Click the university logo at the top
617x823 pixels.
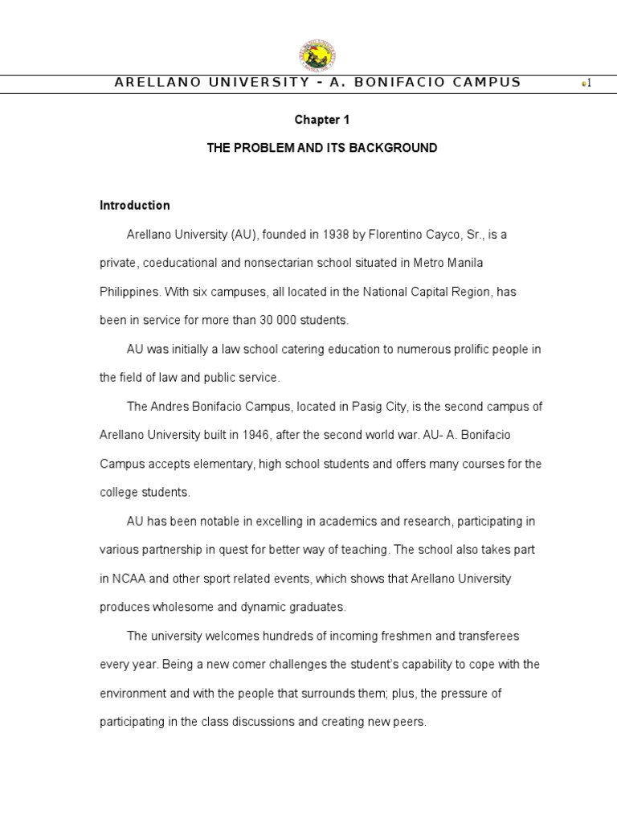(317, 55)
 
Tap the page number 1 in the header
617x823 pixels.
(589, 84)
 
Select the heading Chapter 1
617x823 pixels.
(322, 120)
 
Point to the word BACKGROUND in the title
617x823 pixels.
(399, 148)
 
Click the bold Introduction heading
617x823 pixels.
(135, 205)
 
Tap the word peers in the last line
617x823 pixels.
(408, 722)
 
